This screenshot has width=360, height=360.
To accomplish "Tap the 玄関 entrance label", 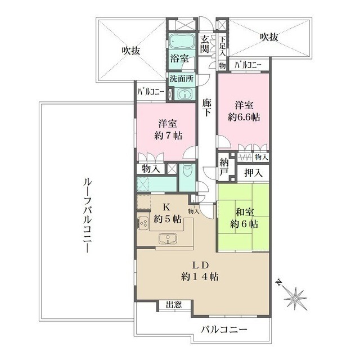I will tap(205, 43).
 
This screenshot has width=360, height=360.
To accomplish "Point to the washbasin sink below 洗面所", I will tap(183, 93).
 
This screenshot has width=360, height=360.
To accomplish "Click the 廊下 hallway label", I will tap(207, 106).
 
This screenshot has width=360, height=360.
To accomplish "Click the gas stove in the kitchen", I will tap(143, 222).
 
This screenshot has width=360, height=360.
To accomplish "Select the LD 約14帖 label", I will tap(200, 271).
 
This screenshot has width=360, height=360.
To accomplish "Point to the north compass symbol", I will tap(294, 295).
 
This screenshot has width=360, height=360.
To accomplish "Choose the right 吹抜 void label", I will tap(270, 36).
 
